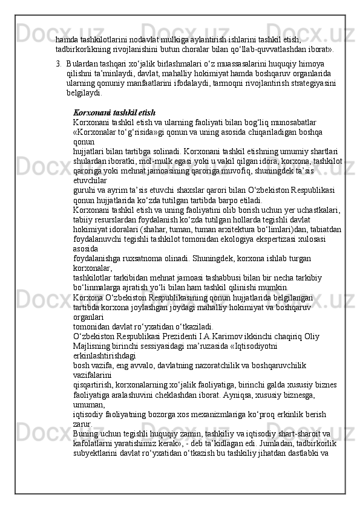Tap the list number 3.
58,62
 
